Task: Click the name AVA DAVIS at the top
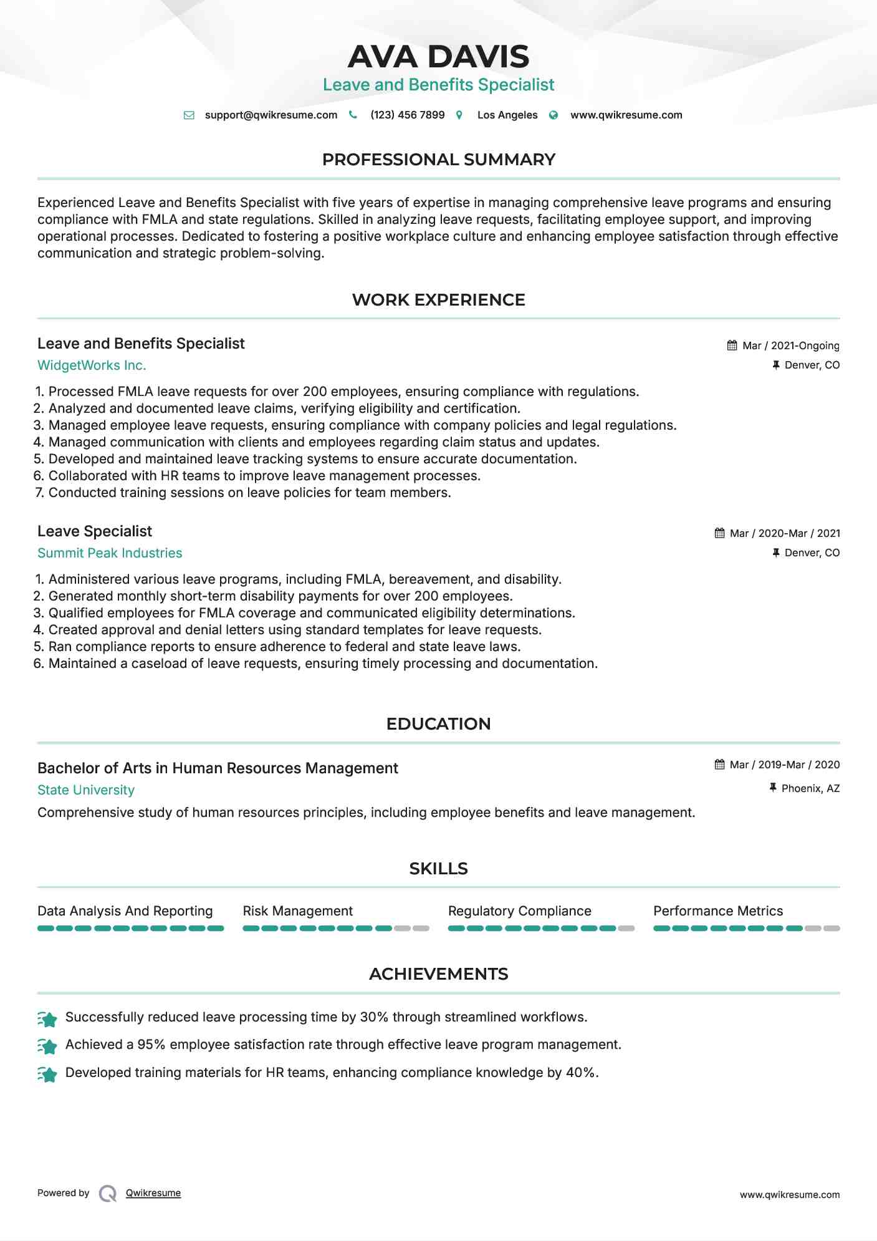coord(438,57)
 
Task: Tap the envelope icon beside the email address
coord(189,115)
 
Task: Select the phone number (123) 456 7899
coord(407,115)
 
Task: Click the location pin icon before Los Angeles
coord(459,115)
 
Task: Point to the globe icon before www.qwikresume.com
coord(554,115)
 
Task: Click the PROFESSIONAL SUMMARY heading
coord(438,160)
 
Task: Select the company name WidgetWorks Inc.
coord(92,365)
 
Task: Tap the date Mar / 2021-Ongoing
coord(790,346)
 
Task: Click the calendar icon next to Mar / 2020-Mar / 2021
coord(719,533)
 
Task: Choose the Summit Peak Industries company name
coord(110,553)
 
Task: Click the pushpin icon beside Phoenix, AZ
coord(773,788)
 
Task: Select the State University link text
coord(86,790)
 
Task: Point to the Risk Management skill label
coord(297,911)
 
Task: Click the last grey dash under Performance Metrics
coord(831,929)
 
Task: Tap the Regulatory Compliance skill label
coord(519,911)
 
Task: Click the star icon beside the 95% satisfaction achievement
coord(47,1046)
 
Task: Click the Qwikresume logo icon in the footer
coord(108,1194)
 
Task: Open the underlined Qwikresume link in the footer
coord(153,1193)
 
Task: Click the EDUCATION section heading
coord(438,724)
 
